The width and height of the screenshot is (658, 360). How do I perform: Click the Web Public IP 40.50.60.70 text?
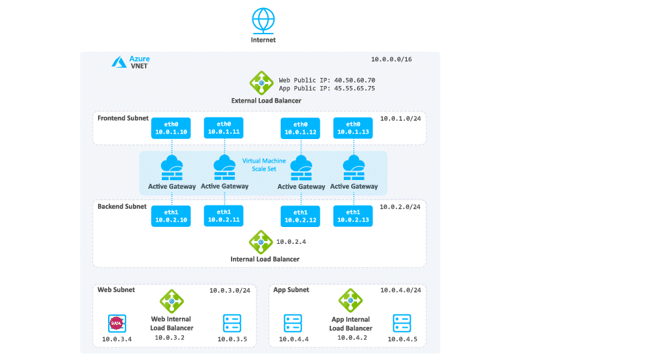327,79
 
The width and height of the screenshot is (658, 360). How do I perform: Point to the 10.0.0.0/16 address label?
391,60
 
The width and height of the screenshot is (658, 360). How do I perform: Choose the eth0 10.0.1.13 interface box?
352,128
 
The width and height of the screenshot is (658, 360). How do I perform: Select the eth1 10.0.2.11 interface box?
224,216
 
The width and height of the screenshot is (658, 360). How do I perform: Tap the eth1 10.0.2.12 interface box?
301,216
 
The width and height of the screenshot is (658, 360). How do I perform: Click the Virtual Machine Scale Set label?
264,165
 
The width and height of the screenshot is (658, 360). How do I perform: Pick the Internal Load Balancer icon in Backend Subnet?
260,242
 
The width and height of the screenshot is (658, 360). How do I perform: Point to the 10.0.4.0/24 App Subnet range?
400,290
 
